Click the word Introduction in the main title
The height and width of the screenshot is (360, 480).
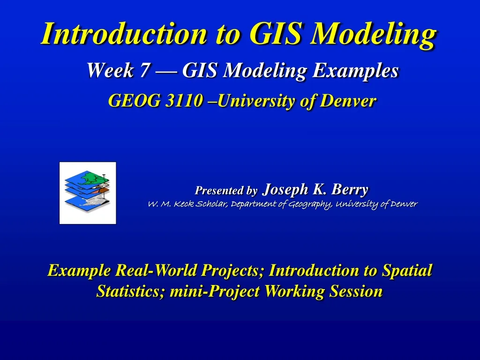[123, 34]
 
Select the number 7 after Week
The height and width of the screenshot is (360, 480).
[143, 71]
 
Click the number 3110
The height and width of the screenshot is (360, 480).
[184, 100]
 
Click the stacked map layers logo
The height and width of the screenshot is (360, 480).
[88, 193]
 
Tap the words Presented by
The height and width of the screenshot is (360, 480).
[226, 191]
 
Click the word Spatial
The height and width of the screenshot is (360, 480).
[407, 270]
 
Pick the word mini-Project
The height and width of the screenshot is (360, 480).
[215, 292]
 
